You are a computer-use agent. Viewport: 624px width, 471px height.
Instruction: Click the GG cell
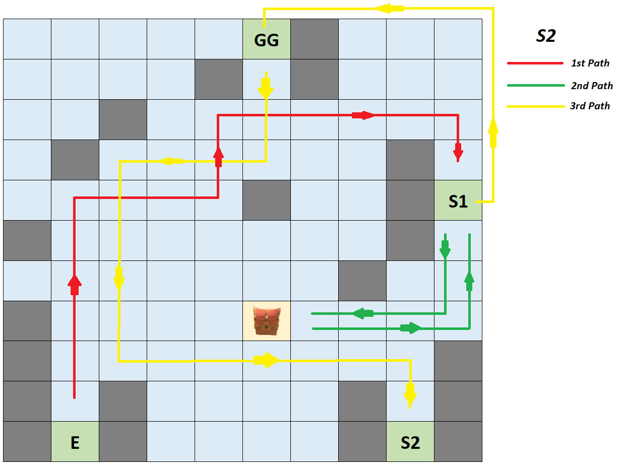click(266, 39)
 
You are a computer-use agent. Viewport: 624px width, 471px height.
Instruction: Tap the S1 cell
click(458, 200)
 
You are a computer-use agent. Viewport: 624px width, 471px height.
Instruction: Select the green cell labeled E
click(75, 442)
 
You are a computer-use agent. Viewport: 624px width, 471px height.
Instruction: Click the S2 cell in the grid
click(410, 442)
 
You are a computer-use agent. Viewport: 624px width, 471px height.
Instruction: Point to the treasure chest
click(266, 320)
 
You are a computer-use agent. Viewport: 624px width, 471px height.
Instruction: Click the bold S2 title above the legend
click(545, 36)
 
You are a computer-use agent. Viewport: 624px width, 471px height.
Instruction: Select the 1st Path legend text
click(590, 63)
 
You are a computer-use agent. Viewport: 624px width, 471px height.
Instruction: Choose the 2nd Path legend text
click(592, 86)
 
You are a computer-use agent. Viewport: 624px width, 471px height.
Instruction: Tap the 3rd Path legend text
click(590, 106)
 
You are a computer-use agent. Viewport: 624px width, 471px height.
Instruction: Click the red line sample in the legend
click(535, 63)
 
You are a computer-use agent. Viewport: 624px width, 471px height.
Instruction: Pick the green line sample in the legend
click(535, 86)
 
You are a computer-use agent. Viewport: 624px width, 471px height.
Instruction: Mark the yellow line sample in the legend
click(535, 106)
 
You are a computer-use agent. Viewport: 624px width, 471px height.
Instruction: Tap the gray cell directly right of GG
click(314, 39)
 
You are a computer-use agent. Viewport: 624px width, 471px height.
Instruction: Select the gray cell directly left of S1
click(410, 200)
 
